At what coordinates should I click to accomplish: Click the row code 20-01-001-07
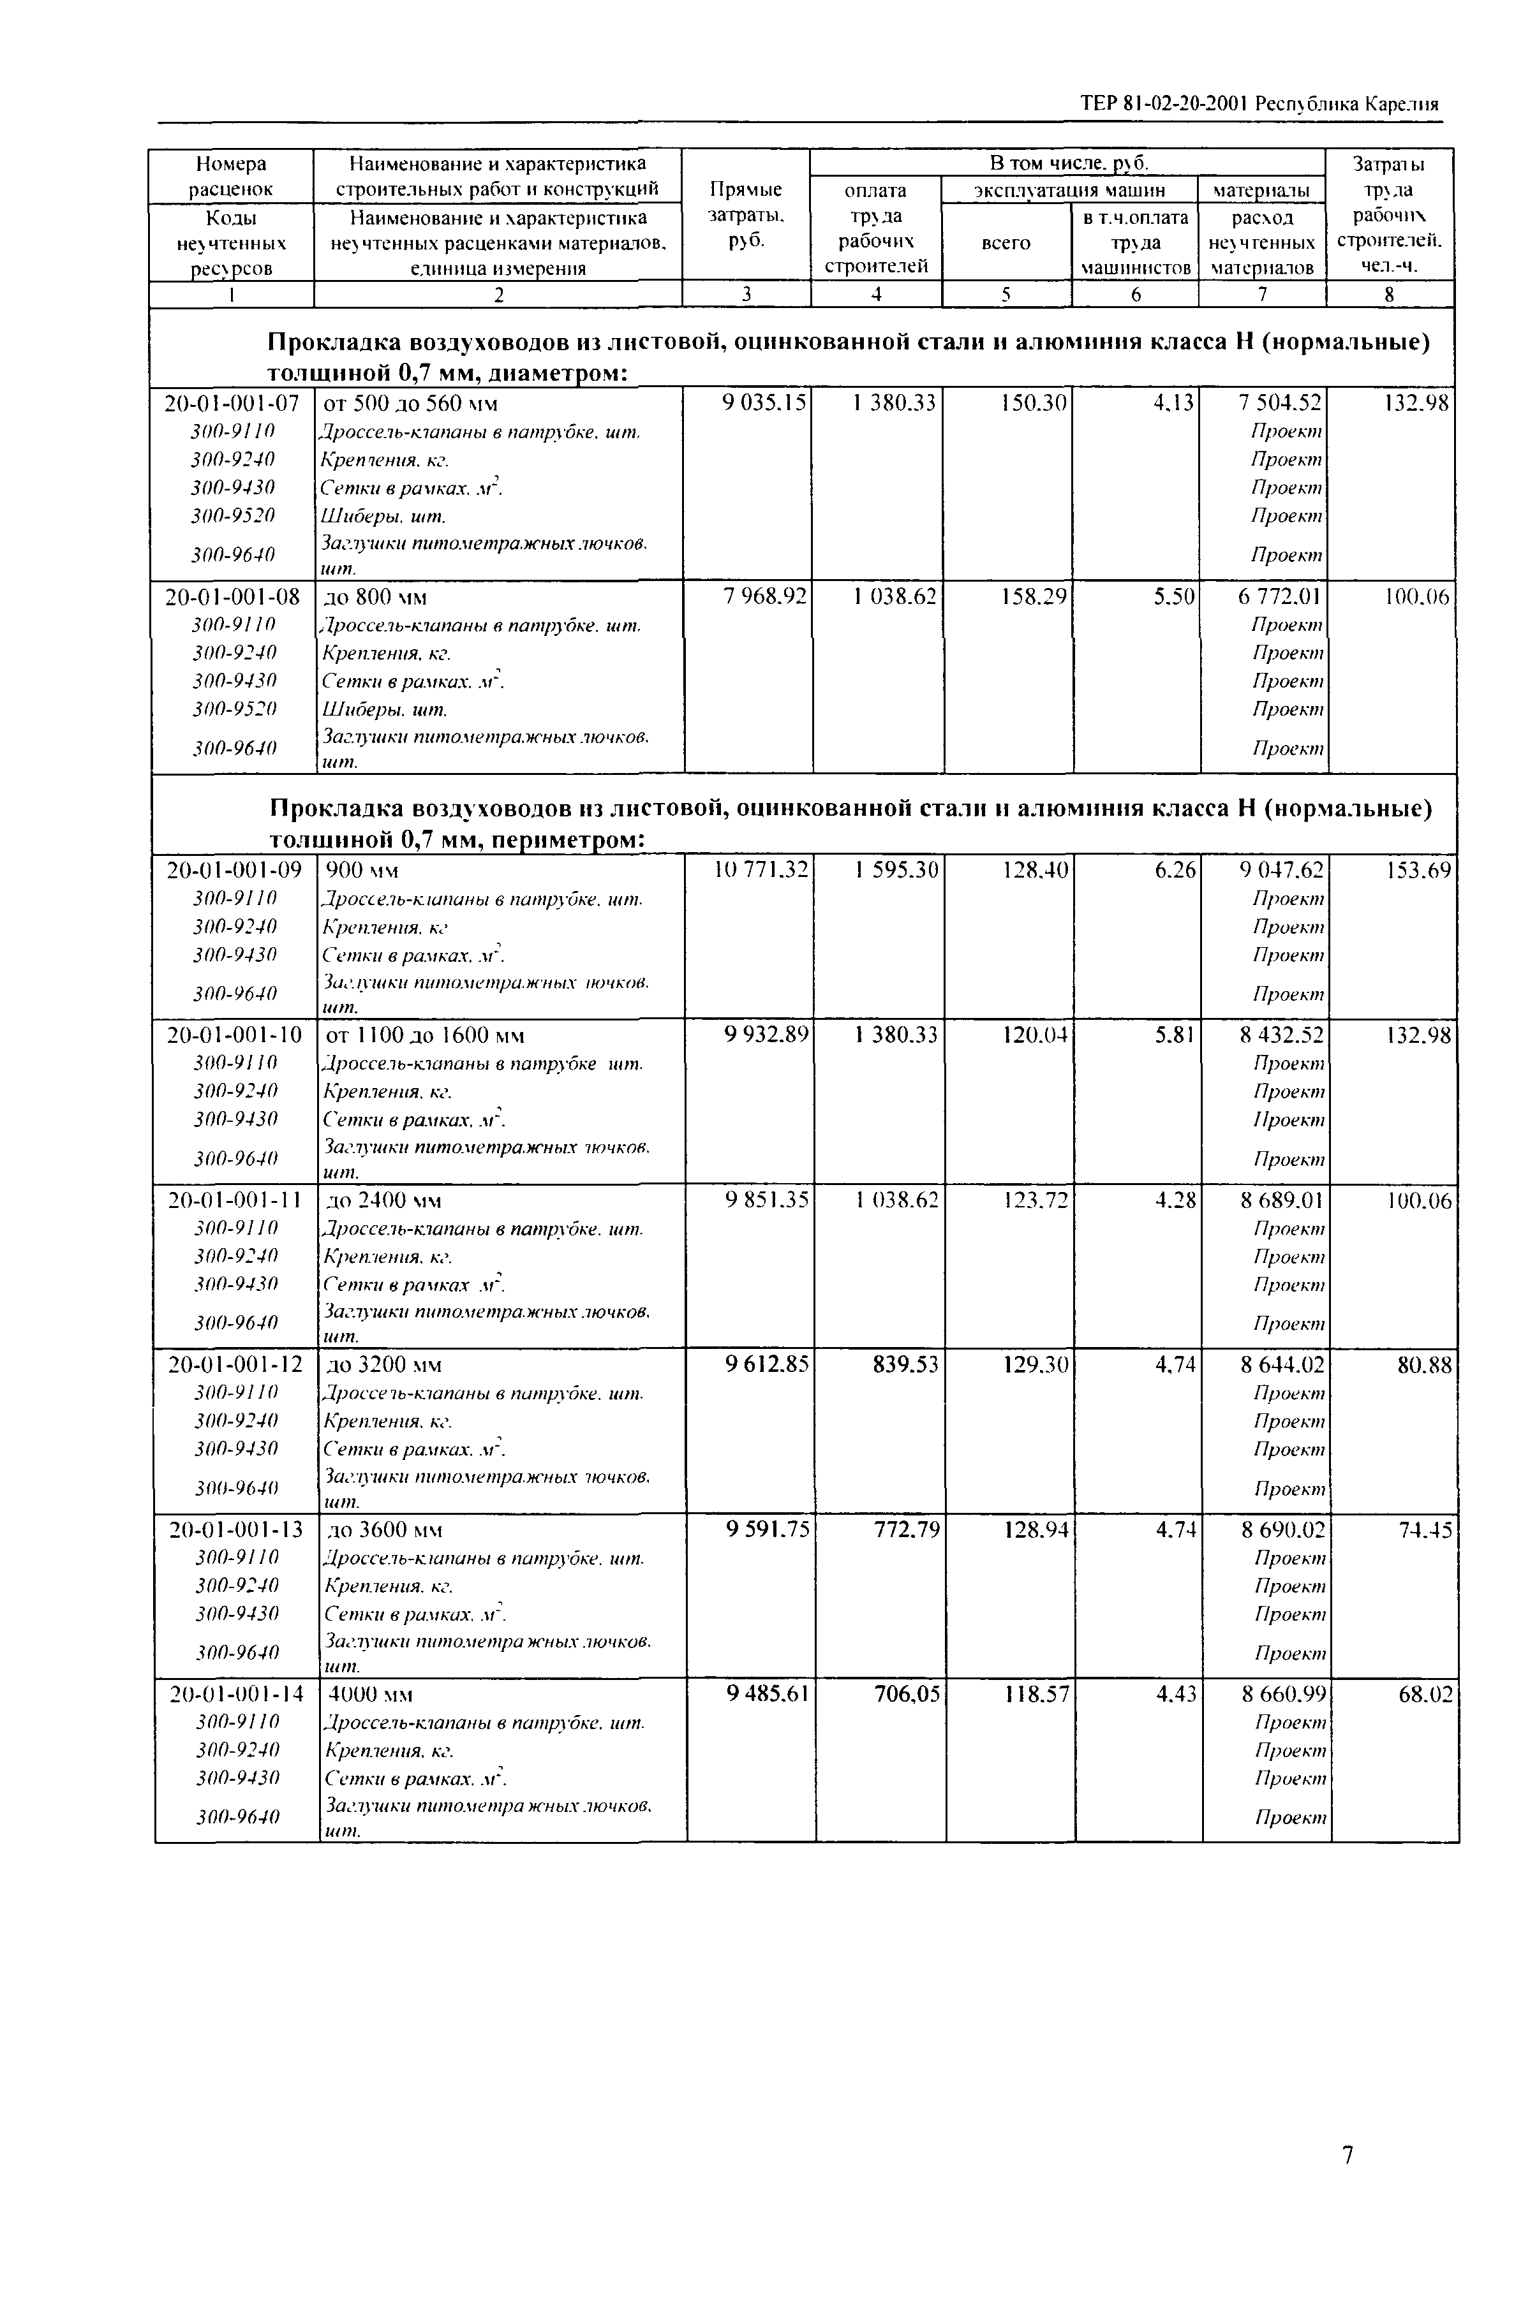click(232, 402)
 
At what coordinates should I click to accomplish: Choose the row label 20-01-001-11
click(234, 1200)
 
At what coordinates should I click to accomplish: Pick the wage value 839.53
click(906, 1364)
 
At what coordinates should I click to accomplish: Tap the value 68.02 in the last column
click(1425, 1693)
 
